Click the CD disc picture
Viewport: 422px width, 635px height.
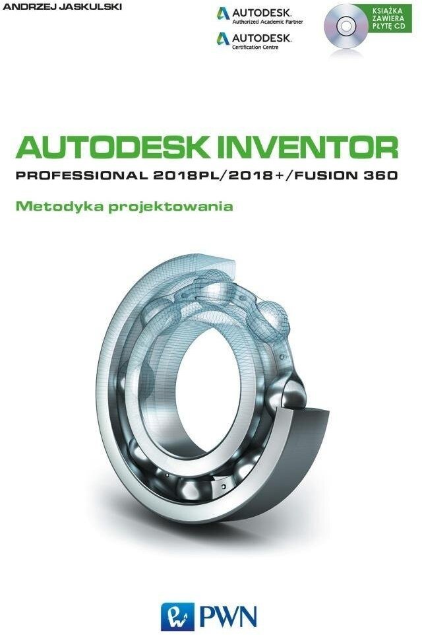click(x=345, y=26)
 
